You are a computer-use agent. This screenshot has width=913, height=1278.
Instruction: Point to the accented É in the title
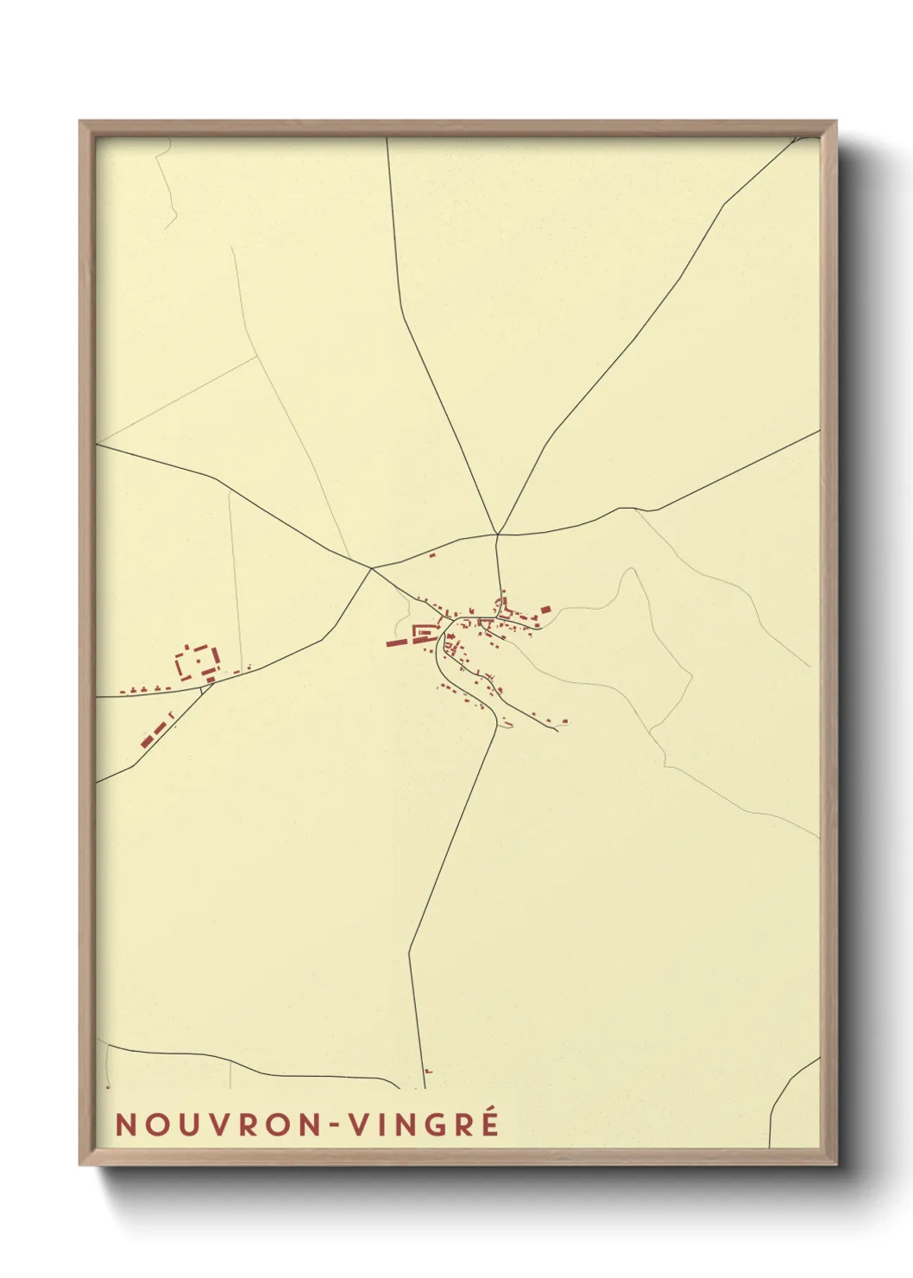click(x=489, y=1123)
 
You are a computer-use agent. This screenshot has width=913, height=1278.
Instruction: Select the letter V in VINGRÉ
click(x=360, y=1124)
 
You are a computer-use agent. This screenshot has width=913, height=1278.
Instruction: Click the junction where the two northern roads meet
click(x=498, y=535)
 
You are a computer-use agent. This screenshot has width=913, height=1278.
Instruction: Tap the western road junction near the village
click(x=372, y=568)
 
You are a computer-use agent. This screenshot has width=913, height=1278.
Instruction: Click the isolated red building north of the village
click(x=432, y=555)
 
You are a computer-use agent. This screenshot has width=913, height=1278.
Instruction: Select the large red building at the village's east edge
click(x=545, y=611)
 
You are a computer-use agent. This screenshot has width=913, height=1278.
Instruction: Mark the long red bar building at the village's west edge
click(x=398, y=642)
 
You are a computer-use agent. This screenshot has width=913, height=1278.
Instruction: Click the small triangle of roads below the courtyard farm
click(x=207, y=686)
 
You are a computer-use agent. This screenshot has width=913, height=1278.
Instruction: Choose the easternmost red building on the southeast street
click(x=565, y=721)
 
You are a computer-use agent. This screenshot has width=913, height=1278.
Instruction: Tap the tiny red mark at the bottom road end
click(x=427, y=1071)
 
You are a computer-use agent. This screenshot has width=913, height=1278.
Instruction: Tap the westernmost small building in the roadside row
click(x=122, y=692)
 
